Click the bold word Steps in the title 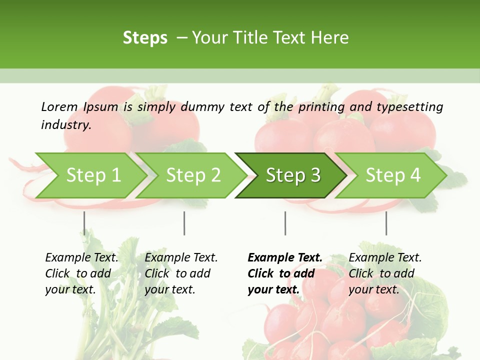tap(145, 38)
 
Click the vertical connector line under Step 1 tap(84, 223)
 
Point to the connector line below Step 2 tap(184, 223)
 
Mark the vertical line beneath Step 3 tap(285, 223)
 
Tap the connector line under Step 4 tap(386, 223)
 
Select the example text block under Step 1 tap(81, 273)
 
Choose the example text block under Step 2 tap(181, 273)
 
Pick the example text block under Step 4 tap(385, 273)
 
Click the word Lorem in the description tap(59, 107)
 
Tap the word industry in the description tap(65, 125)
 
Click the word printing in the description tap(320, 107)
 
